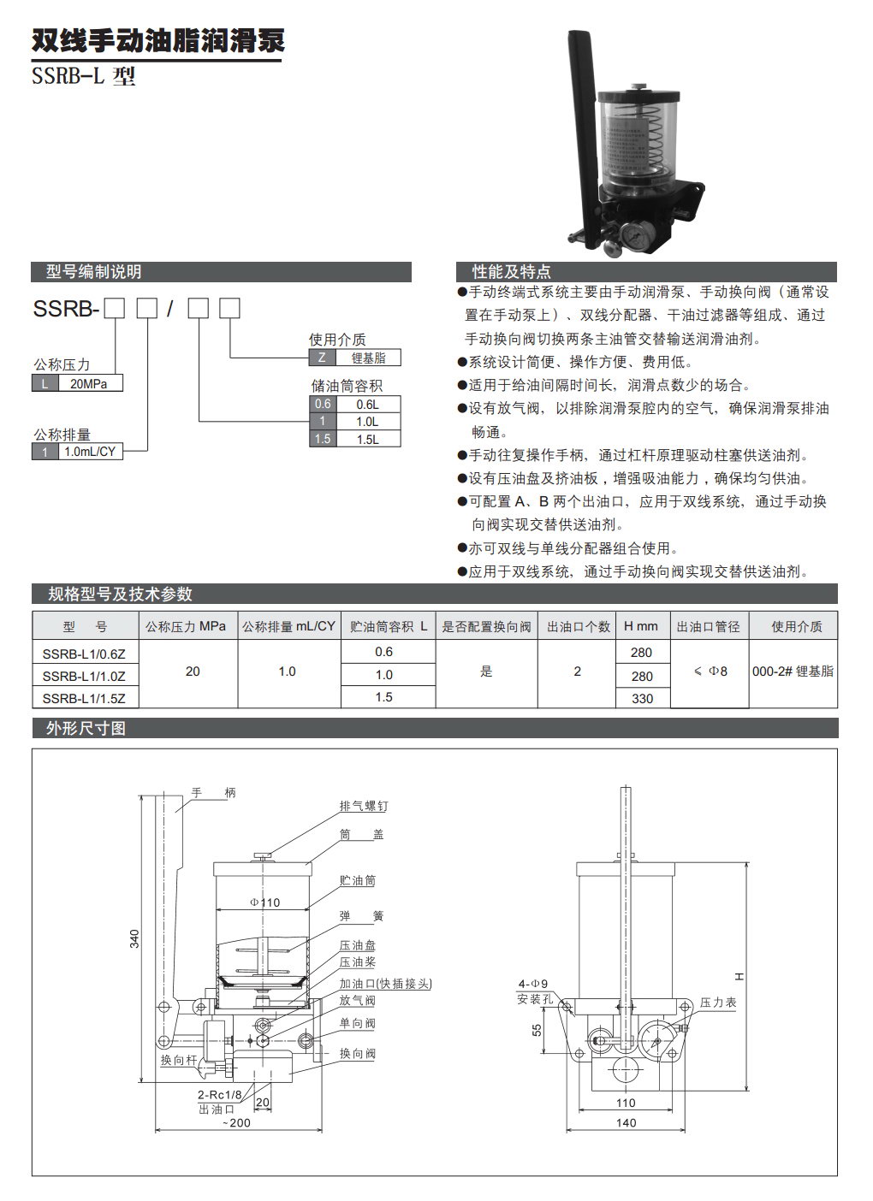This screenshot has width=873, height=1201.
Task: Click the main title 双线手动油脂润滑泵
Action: (157, 41)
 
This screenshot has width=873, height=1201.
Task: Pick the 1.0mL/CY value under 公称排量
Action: (90, 451)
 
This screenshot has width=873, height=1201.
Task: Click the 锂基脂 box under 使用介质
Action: (367, 358)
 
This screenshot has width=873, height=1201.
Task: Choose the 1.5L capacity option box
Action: (367, 439)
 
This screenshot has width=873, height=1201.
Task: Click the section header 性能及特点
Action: (512, 272)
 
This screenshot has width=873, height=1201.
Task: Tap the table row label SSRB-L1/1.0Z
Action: (84, 675)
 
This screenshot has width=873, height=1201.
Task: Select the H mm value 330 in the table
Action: (641, 698)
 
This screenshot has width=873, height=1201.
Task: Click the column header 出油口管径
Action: (708, 626)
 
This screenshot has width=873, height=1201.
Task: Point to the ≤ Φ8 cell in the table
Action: (709, 671)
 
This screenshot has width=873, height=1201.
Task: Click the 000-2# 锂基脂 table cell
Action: (792, 671)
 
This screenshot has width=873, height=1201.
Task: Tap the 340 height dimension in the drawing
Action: (134, 939)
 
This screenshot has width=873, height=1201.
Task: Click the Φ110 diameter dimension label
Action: (264, 902)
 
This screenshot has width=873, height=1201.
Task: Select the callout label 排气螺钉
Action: (358, 806)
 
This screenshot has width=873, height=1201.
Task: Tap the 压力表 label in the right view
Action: (718, 1002)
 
